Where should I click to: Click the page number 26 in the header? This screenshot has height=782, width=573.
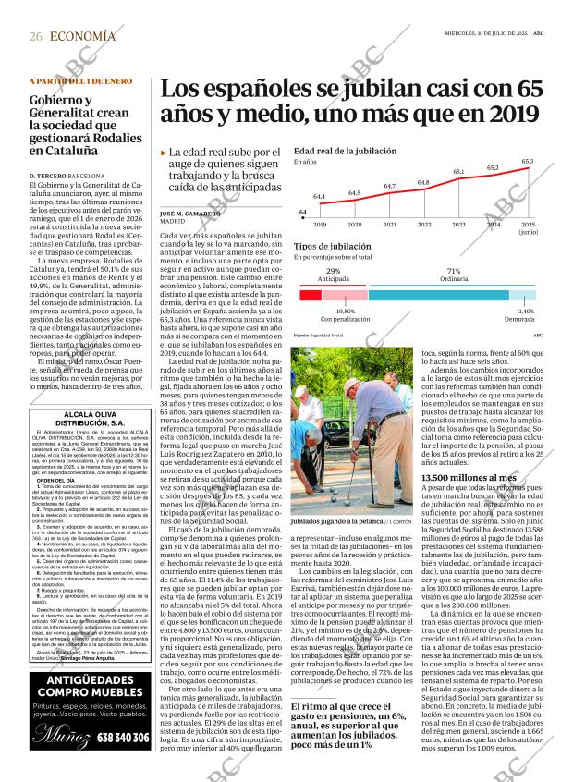pos(35,36)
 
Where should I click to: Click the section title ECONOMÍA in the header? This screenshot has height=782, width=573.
pos(83,36)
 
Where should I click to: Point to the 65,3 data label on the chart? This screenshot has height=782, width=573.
pos(527,162)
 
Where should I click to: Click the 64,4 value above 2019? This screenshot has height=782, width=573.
pos(319,197)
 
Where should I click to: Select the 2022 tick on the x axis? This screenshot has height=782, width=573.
pos(423,225)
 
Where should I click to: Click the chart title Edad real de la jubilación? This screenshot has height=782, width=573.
pos(345,150)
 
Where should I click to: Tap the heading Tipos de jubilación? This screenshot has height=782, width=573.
pos(331,247)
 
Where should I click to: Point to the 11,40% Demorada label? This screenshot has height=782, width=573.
pos(524,315)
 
